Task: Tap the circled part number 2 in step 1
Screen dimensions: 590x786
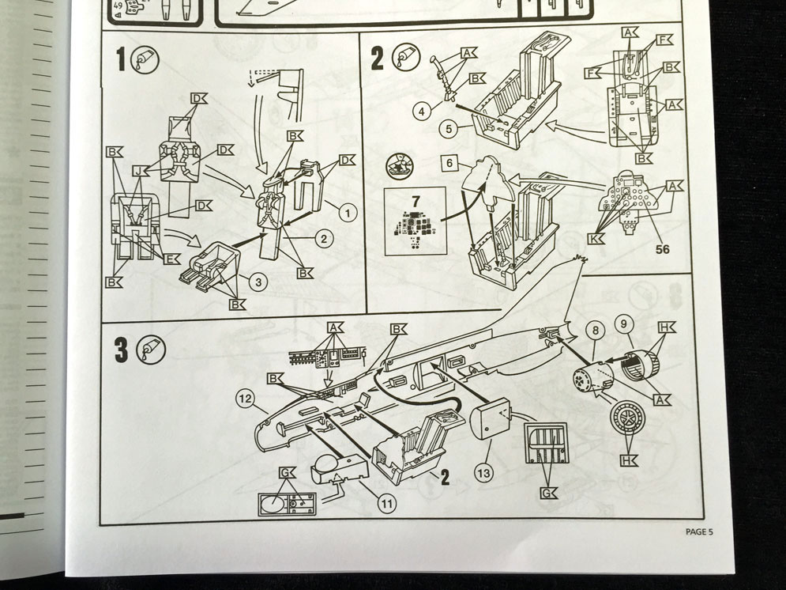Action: click(x=322, y=237)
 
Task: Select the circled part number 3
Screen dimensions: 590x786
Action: click(x=260, y=281)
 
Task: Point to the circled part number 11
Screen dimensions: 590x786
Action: click(x=385, y=501)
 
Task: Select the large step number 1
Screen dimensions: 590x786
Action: click(x=122, y=59)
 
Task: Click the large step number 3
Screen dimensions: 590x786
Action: click(x=122, y=350)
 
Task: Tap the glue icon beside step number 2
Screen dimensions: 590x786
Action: click(x=404, y=57)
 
